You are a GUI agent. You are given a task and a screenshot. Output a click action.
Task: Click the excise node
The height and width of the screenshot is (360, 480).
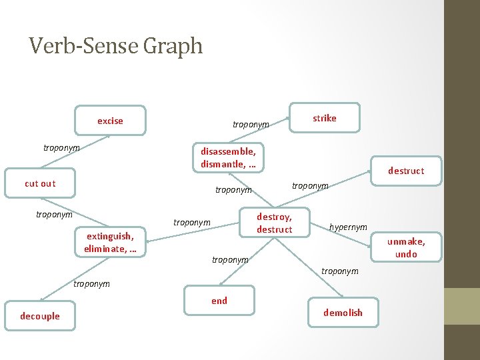[110, 121]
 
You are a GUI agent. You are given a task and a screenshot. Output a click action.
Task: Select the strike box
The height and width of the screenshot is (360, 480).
[325, 118]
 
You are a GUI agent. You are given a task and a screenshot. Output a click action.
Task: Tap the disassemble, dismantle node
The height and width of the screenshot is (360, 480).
[228, 158]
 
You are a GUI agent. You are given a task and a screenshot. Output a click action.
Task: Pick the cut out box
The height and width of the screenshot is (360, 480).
[40, 183]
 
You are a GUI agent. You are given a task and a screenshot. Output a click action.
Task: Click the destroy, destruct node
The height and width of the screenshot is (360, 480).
[275, 223]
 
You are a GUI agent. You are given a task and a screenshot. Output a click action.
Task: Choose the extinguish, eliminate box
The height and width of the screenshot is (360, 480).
[110, 242]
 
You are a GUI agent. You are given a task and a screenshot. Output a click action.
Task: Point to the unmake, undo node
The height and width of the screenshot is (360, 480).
[406, 247]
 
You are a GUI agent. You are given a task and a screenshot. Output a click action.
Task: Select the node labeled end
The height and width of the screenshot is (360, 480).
[219, 301]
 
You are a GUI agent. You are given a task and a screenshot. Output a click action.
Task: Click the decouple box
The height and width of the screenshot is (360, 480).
[41, 316]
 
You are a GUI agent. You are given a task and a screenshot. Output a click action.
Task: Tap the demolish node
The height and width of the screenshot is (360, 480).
[343, 313]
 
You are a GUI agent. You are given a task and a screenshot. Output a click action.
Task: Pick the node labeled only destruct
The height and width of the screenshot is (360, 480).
[406, 171]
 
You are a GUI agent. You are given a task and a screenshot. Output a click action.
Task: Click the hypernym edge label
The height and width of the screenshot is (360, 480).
[348, 227]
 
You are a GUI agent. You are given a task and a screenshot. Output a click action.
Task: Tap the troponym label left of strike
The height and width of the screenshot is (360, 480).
[251, 125]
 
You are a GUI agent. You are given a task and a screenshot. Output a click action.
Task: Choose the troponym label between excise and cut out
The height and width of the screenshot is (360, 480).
[61, 147]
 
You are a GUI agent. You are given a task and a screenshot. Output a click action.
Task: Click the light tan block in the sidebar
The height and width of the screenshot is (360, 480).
[462, 306]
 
